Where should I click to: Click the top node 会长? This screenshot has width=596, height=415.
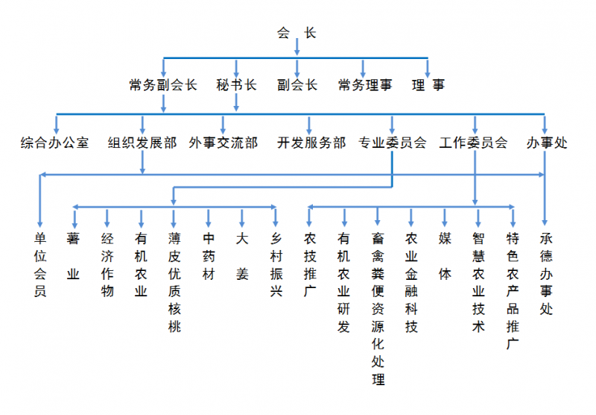point(297,32)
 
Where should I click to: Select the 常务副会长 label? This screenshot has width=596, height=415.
point(163,85)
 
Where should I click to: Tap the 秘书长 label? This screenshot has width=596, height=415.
point(236,85)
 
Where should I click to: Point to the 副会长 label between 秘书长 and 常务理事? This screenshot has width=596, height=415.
point(297,85)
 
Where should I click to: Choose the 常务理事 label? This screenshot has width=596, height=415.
point(364,85)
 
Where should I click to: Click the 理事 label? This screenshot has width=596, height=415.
point(428,85)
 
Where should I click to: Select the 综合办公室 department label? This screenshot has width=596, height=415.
point(54,142)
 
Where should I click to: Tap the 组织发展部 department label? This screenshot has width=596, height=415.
point(142,142)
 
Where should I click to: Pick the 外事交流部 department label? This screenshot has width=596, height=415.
point(223,142)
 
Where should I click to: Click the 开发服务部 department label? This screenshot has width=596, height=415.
point(311,142)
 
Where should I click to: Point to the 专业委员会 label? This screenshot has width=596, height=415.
point(393,142)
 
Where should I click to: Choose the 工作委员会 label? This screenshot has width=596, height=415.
point(474,142)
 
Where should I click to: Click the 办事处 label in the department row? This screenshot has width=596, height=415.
point(546,142)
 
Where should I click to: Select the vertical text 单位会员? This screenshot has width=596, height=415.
point(40,265)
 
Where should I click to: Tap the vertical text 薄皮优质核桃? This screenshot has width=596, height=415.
point(174,282)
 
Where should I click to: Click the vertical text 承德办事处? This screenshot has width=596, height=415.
point(546,273)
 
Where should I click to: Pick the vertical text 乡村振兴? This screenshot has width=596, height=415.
point(276,265)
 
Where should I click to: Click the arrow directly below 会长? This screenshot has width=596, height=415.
point(297,48)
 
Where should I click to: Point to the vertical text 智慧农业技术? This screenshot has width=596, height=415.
point(478,282)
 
